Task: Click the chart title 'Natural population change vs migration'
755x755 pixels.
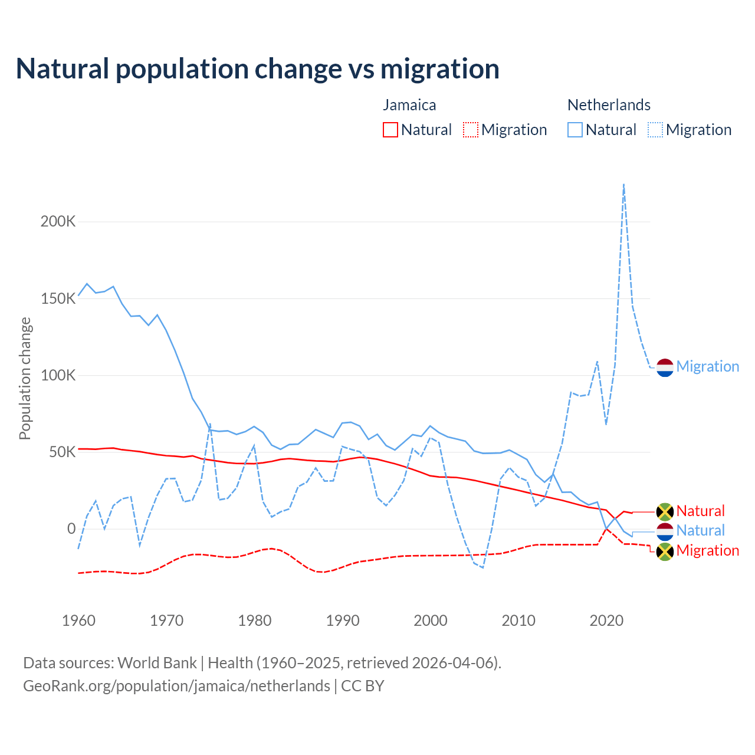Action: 258,69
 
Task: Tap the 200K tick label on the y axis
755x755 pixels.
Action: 58,222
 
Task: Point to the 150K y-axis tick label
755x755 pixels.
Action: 58,298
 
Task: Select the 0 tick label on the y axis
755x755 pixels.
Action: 71,528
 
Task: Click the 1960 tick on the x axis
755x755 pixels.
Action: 78,621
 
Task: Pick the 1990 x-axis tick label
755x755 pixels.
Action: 343,621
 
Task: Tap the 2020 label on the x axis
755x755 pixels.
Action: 606,621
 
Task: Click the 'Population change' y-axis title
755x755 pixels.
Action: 25,378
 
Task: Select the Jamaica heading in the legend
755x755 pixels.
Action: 409,105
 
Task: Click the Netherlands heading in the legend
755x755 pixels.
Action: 609,105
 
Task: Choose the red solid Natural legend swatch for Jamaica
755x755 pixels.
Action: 390,130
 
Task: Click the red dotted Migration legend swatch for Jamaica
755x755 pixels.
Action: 470,130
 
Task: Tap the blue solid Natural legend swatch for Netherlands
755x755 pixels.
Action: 575,130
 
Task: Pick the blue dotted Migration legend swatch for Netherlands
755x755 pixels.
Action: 655,130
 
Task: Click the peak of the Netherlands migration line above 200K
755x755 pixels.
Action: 623,185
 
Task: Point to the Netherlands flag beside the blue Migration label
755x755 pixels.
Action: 665,367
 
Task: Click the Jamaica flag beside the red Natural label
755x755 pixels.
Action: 665,511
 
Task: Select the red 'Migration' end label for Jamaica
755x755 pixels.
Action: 707,551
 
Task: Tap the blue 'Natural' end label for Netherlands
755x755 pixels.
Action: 700,531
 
